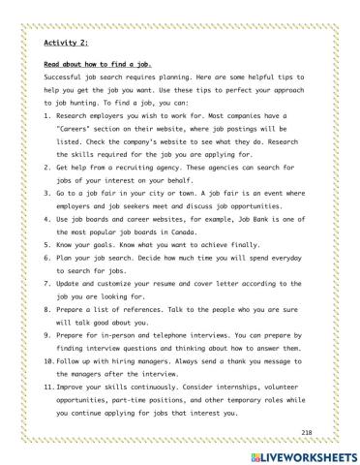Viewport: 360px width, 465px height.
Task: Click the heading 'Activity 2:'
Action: point(67,43)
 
